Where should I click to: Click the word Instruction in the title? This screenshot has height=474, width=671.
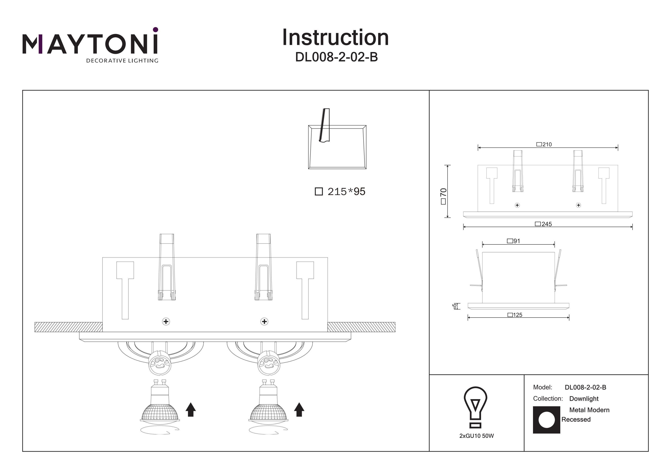[335, 38]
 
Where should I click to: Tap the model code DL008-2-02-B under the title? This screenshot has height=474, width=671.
[336, 57]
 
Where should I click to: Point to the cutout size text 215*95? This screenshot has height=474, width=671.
[346, 192]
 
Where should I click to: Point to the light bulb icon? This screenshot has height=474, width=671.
[475, 407]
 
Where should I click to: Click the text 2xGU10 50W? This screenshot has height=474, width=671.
[476, 436]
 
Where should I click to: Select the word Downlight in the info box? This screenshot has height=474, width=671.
[584, 399]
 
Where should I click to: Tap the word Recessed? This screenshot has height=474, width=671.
[576, 419]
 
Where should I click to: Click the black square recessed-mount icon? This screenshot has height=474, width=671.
[546, 420]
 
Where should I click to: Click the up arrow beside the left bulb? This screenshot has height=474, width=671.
[191, 409]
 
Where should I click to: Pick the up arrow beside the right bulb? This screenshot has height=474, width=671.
[299, 409]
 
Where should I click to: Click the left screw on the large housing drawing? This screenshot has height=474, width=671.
[166, 322]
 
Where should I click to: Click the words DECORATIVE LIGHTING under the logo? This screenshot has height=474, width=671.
[122, 61]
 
